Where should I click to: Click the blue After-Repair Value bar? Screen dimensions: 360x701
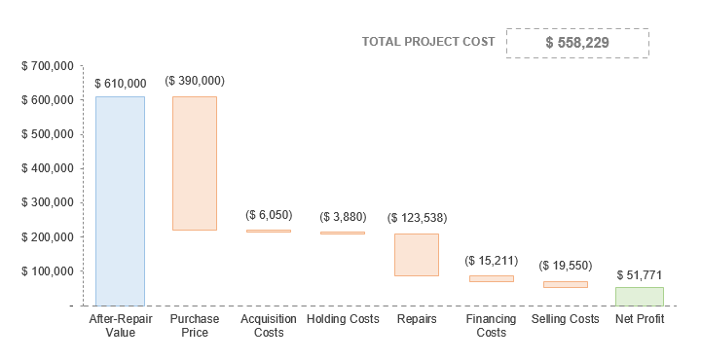120,200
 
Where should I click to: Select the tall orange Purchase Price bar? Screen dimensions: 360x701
195,163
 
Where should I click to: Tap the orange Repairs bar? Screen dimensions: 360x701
417,255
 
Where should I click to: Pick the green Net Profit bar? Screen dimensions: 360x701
640,296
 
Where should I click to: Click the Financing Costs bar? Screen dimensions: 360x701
492,279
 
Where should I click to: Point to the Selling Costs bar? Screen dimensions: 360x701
566,284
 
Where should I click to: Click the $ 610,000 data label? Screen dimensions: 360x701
121,84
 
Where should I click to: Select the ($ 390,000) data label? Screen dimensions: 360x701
195,81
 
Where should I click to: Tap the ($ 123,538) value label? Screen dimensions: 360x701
417,218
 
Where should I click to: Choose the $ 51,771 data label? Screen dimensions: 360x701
640,275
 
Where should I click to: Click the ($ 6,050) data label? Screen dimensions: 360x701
269,215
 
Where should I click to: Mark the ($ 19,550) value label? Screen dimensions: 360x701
566,265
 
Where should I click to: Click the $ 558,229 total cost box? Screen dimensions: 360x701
577,43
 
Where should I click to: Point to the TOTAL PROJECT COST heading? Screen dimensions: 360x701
427,42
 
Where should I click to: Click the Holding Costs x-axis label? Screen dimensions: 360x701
343,319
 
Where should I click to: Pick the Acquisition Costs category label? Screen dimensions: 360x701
269,326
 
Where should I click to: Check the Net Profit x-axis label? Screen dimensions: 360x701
640,319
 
